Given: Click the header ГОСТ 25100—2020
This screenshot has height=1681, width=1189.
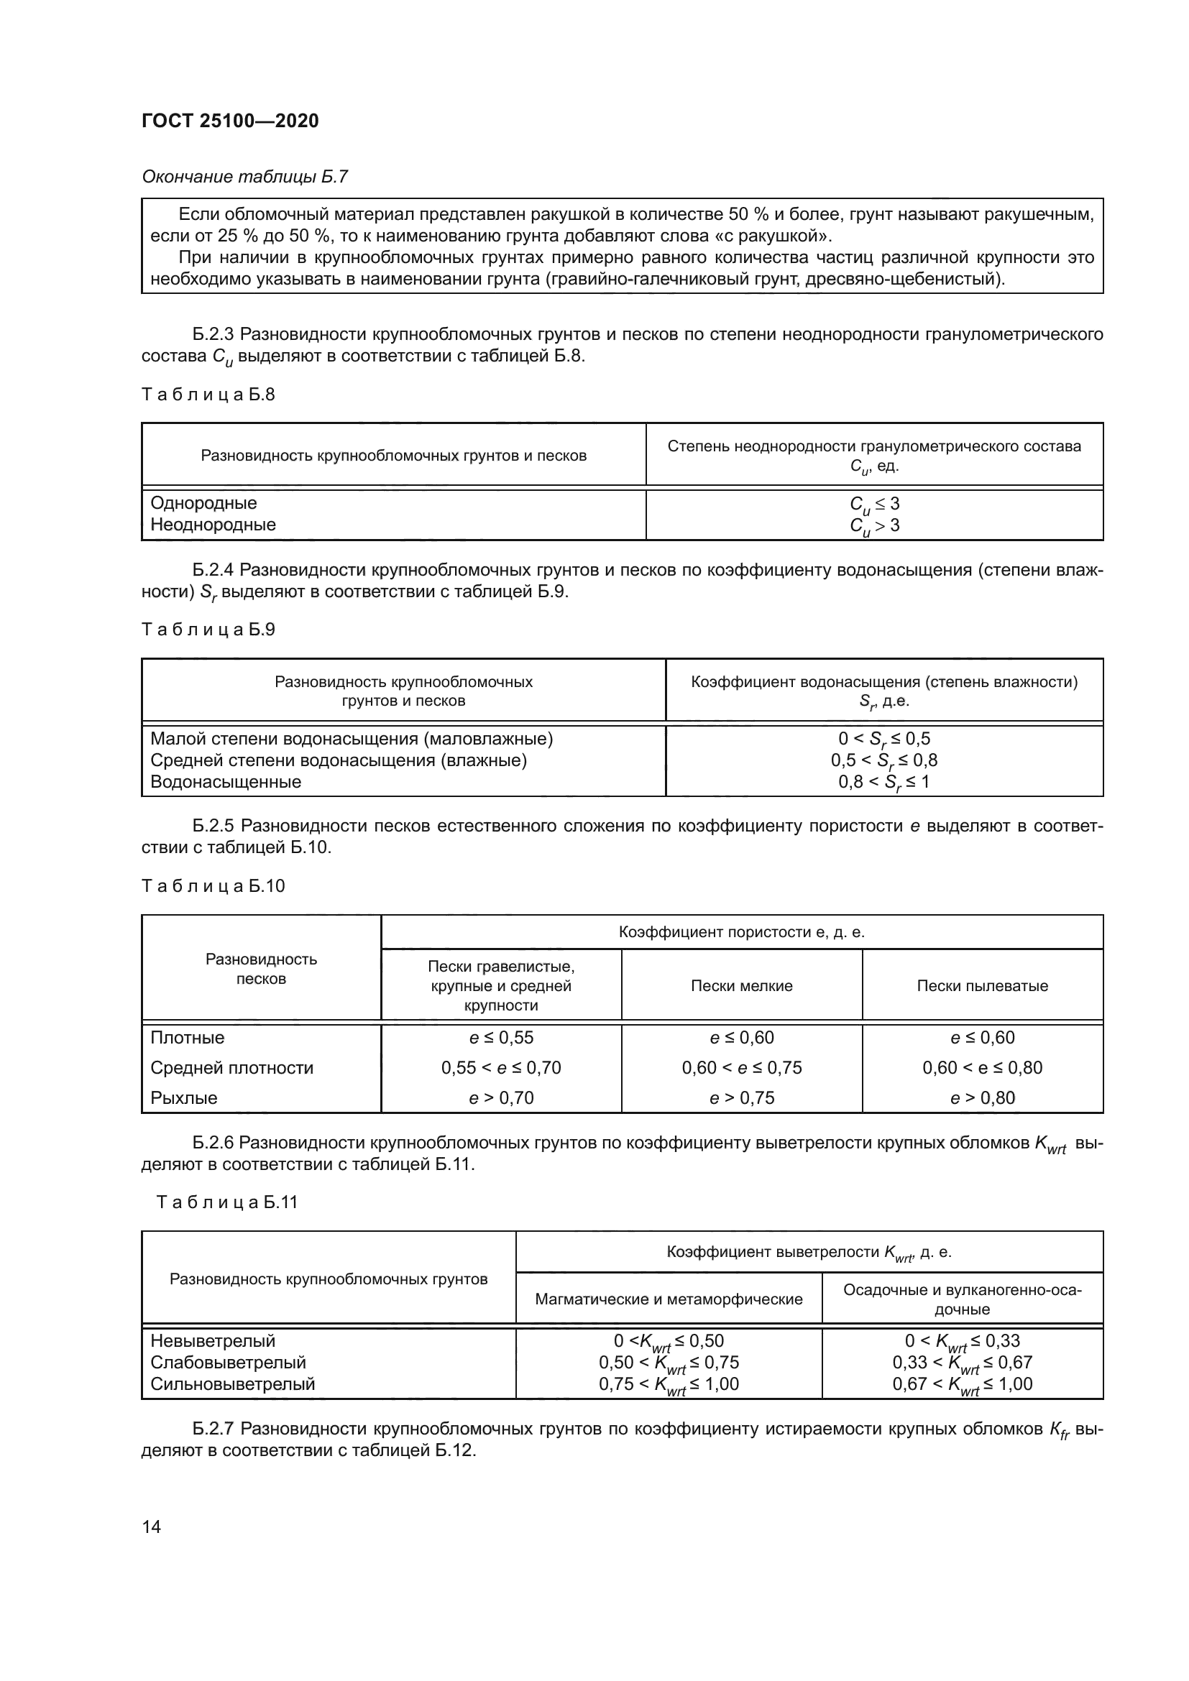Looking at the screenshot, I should coord(230,121).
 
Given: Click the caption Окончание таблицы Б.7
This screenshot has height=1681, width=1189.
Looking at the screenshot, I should coord(244,177).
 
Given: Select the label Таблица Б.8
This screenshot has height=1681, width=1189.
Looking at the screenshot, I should coord(208,395).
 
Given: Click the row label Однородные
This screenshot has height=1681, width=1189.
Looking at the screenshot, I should coord(203,503).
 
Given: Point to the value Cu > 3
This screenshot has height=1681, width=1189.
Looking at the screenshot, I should coord(874,525).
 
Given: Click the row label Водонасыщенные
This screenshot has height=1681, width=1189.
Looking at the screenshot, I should coord(226,781).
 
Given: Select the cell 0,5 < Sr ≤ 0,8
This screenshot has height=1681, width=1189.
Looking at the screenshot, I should coord(883,760).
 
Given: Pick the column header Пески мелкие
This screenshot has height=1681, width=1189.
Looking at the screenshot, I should coord(741,985).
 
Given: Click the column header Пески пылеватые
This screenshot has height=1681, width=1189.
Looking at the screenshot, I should coord(982,985).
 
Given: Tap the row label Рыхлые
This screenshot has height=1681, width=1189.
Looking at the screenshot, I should coord(184,1097).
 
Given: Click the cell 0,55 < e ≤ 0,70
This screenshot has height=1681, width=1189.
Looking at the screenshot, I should coord(501,1067).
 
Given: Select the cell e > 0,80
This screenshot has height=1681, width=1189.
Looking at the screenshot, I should coord(982,1097).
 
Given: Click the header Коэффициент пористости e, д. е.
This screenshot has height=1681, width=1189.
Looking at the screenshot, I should coord(741,932).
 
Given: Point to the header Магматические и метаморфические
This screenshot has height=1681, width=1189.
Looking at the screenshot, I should coord(668,1299).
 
